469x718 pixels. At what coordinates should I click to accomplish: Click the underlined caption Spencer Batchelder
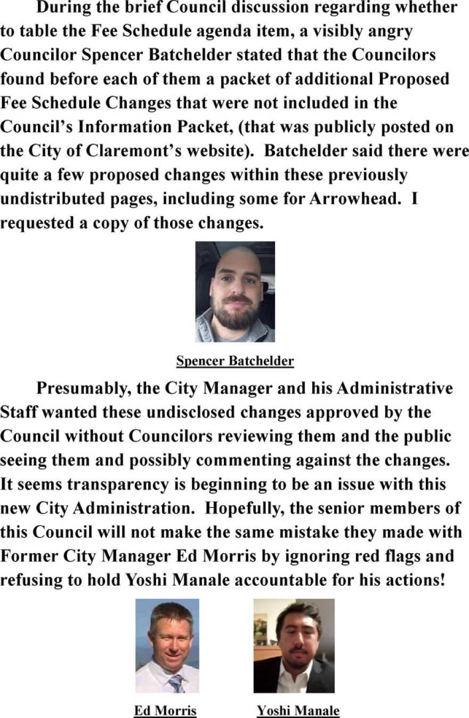point(235,361)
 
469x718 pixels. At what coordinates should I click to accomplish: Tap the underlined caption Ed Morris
point(165,711)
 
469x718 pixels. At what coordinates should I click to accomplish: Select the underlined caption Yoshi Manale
point(298,711)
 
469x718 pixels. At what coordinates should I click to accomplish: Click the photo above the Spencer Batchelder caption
point(235,291)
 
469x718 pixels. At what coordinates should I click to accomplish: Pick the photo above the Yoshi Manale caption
point(294,645)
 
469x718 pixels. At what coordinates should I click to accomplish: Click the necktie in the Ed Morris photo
point(175,682)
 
